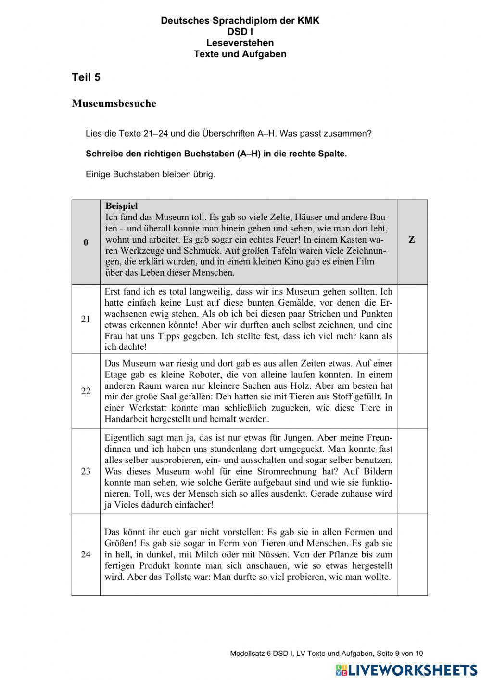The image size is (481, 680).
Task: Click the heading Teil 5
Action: (x=86, y=77)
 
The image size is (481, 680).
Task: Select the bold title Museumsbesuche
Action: (x=114, y=103)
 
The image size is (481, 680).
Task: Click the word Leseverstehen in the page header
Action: (x=240, y=43)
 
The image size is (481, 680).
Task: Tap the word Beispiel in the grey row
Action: (x=122, y=206)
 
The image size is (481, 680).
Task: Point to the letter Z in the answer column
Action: (x=412, y=240)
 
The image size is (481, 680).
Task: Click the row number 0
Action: (x=86, y=243)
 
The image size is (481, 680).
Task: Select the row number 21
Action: (x=86, y=319)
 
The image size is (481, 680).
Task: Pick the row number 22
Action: (x=86, y=391)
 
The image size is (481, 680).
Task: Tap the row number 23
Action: (x=86, y=471)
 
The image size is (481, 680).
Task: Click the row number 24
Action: (x=86, y=554)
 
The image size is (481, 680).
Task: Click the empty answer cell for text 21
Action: (x=412, y=319)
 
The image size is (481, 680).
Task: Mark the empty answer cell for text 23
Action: (x=412, y=471)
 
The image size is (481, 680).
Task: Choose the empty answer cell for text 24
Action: (x=412, y=554)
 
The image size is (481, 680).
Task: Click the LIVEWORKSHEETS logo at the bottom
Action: (x=406, y=670)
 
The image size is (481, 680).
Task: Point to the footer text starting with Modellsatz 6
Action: (x=327, y=654)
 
